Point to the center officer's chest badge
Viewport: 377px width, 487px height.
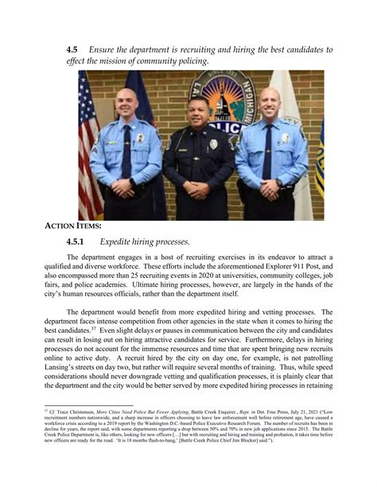(x=212, y=145)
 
